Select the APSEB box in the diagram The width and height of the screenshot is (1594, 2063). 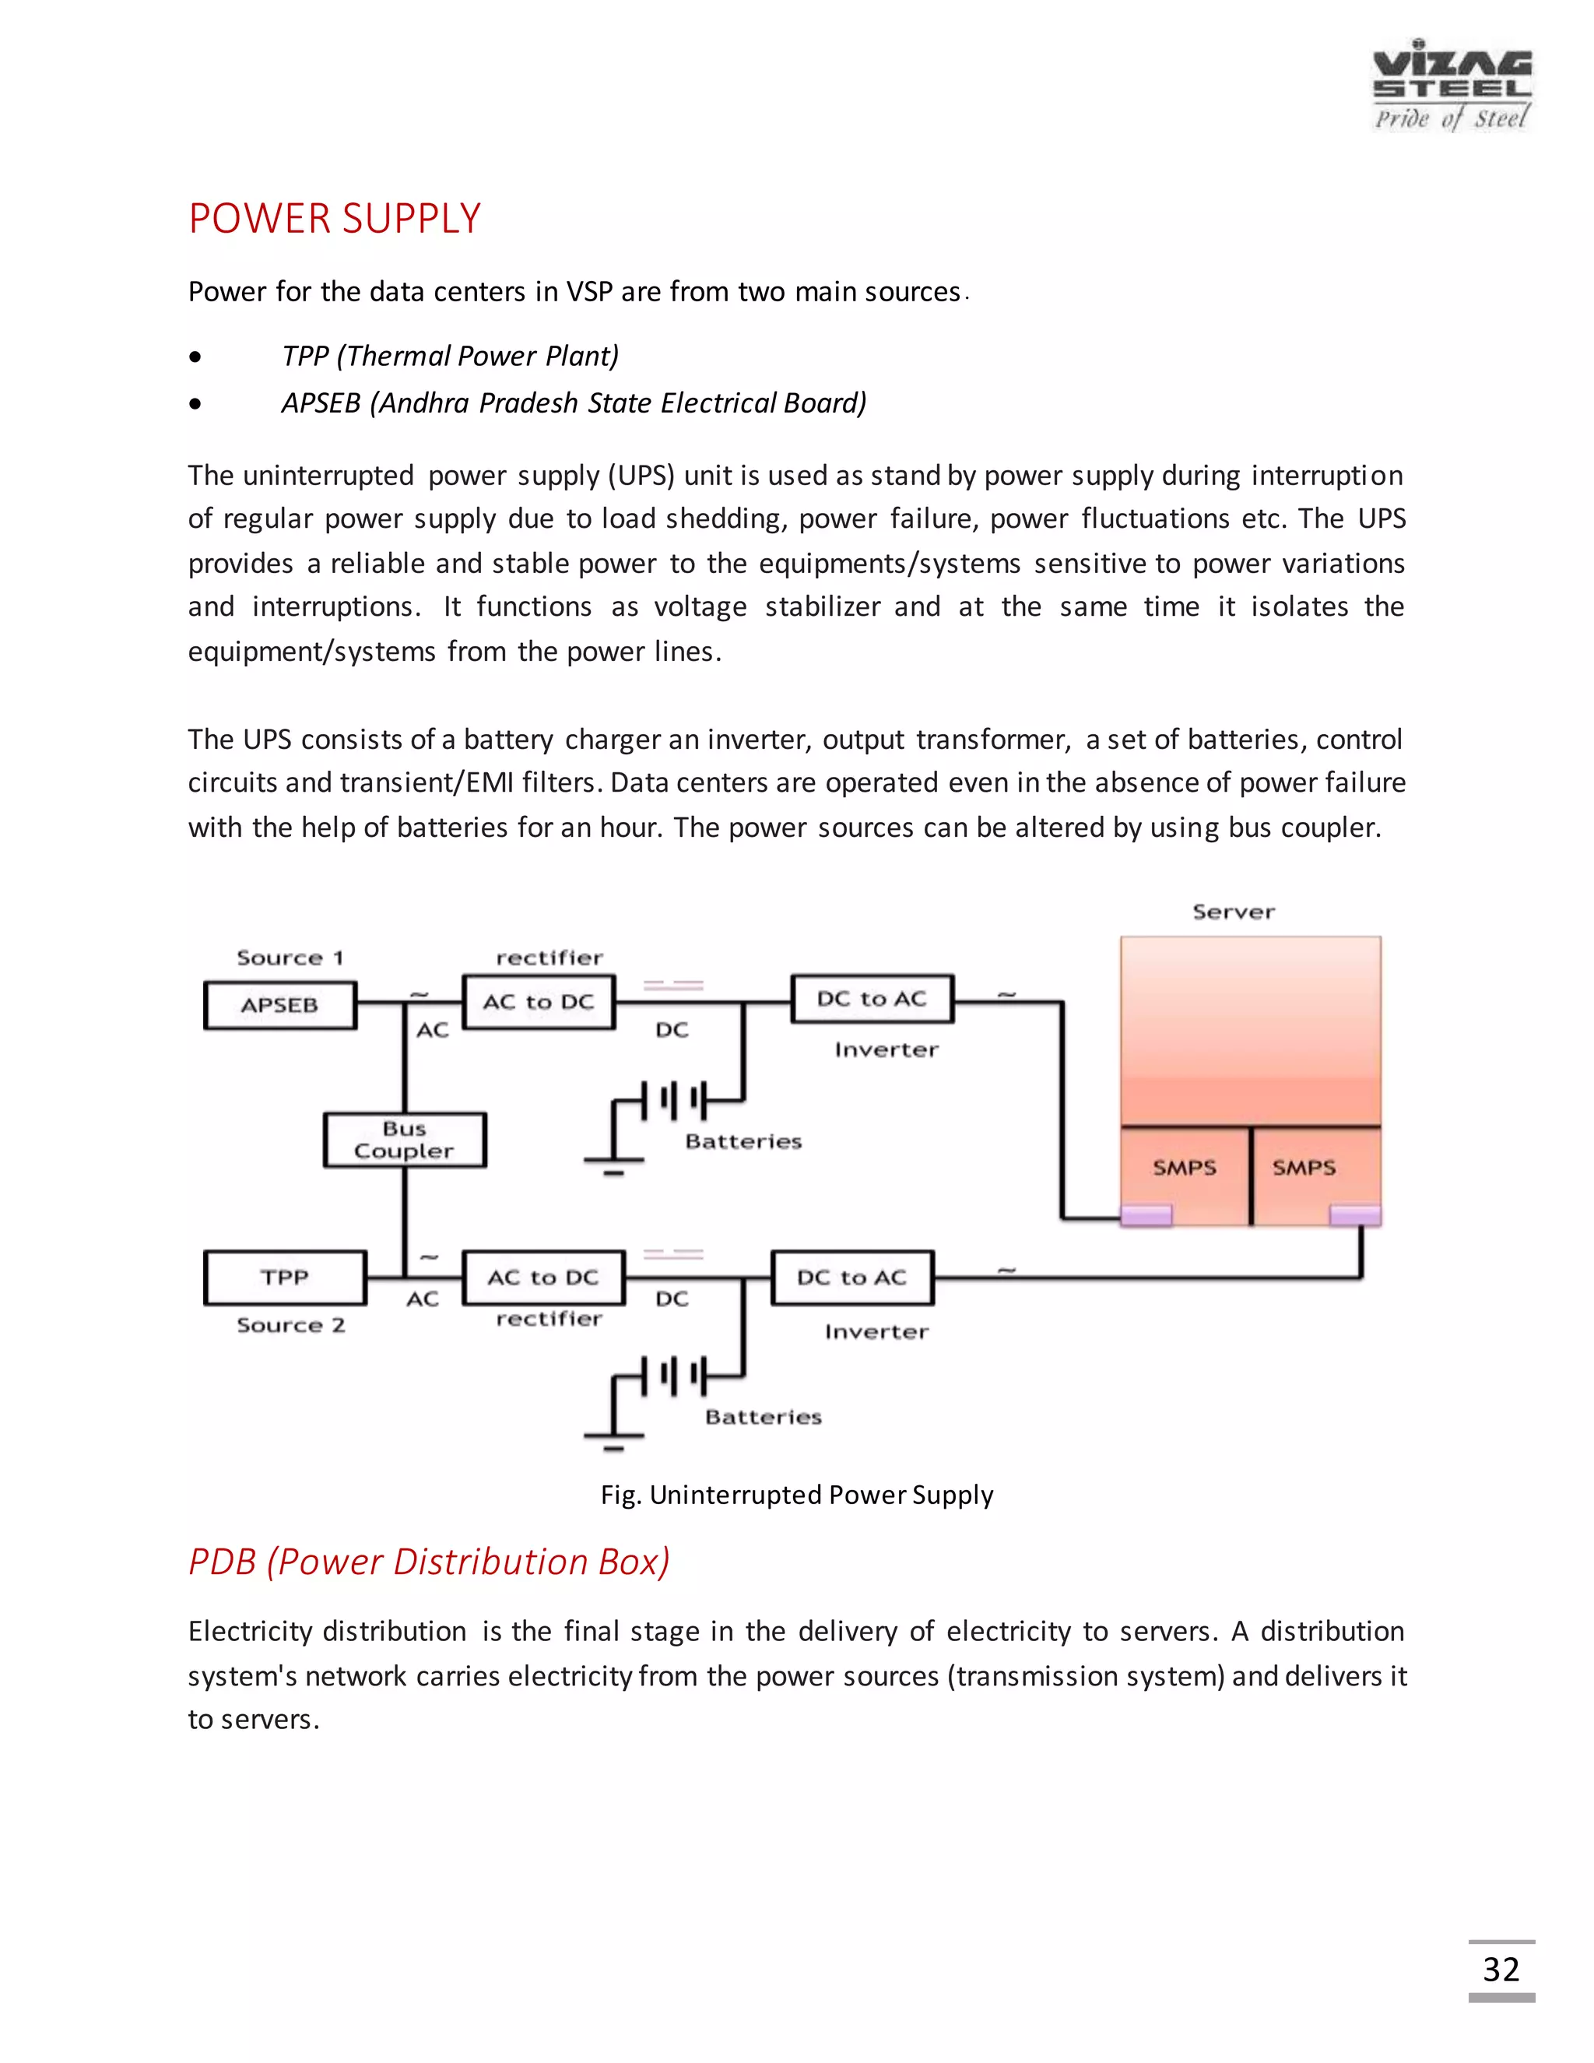pyautogui.click(x=280, y=1005)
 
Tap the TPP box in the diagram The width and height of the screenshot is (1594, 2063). pyautogui.click(x=285, y=1277)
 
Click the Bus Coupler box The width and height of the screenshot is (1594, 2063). pyautogui.click(x=404, y=1140)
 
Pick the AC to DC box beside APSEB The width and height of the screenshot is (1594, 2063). pyautogui.click(x=539, y=1002)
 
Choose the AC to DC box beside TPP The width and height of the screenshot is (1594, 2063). pyautogui.click(x=543, y=1277)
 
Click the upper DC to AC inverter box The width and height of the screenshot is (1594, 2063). pyautogui.click(x=872, y=1000)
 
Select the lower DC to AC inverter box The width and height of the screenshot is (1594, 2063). pyautogui.click(x=851, y=1277)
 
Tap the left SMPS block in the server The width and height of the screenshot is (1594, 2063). pyautogui.click(x=1184, y=1169)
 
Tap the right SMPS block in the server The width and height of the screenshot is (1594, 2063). pyautogui.click(x=1304, y=1169)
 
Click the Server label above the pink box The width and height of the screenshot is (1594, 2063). pyautogui.click(x=1234, y=912)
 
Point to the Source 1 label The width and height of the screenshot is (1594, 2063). pyautogui.click(x=290, y=958)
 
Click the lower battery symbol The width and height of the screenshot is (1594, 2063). pyautogui.click(x=673, y=1376)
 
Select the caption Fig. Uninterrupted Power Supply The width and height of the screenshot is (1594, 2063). pyautogui.click(x=796, y=1495)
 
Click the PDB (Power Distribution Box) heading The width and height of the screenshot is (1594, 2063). pyautogui.click(x=429, y=1562)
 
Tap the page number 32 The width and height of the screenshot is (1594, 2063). pyautogui.click(x=1501, y=1970)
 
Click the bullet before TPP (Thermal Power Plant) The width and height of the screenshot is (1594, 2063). pyautogui.click(x=195, y=357)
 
